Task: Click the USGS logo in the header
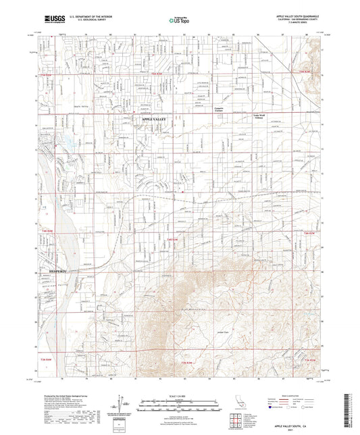pyautogui.click(x=51, y=18)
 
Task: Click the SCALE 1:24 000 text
pyautogui.click(x=179, y=395)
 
